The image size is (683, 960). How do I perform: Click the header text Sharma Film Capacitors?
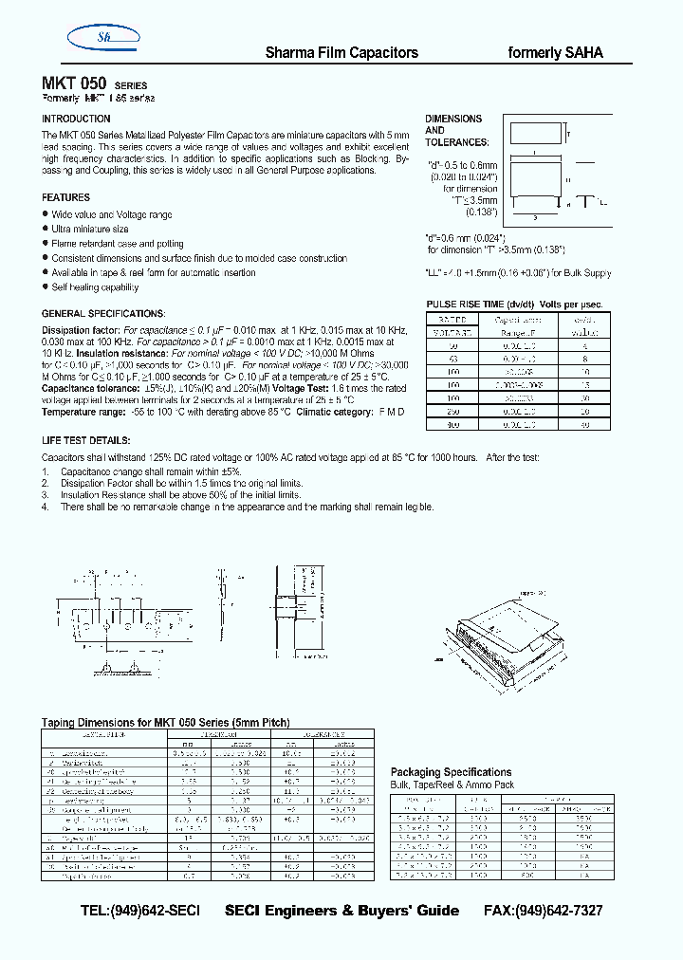click(x=341, y=53)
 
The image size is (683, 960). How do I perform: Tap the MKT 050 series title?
click(x=94, y=83)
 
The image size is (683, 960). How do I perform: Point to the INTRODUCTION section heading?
click(x=76, y=119)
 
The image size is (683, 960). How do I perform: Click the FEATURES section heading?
click(x=65, y=197)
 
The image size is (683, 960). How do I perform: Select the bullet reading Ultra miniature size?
click(x=90, y=230)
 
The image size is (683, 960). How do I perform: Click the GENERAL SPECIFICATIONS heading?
click(x=103, y=313)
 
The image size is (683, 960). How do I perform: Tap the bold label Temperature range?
click(x=83, y=413)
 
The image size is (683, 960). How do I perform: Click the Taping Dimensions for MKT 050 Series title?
click(x=165, y=722)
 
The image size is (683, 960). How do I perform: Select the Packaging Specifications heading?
click(x=451, y=772)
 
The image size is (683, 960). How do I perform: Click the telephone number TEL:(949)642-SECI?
click(x=140, y=911)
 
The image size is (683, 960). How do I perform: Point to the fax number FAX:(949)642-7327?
click(x=542, y=911)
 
